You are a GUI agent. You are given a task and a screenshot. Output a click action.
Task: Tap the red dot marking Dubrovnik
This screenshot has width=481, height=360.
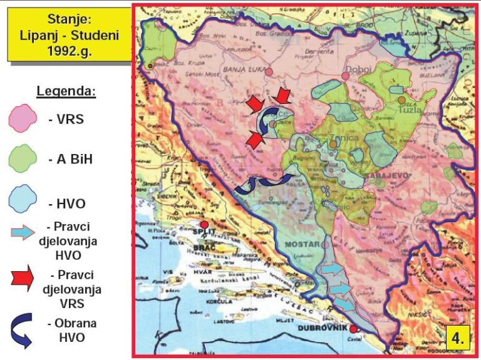click(x=353, y=329)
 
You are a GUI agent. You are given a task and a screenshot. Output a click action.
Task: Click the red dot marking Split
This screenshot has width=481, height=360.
click(x=204, y=225)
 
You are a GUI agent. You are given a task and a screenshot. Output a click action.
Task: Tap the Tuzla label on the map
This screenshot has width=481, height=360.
click(x=410, y=110)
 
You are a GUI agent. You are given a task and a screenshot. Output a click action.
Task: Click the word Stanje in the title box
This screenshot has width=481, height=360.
click(x=69, y=20)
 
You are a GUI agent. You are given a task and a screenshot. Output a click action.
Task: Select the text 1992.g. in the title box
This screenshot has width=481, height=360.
click(x=69, y=50)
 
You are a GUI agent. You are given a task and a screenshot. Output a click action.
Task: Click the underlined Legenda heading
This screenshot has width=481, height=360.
click(x=66, y=91)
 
